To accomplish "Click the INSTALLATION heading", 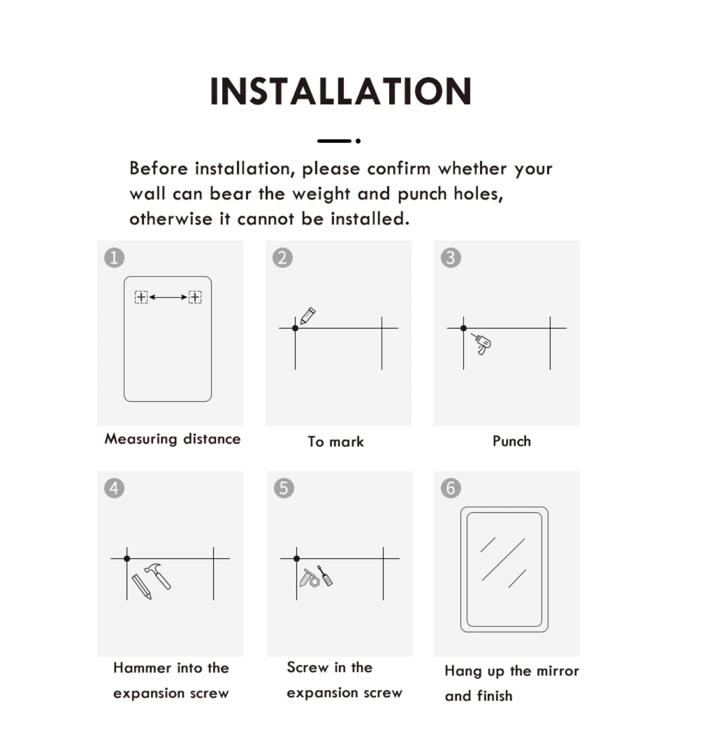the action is pyautogui.click(x=340, y=91).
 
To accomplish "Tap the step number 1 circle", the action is pyautogui.click(x=114, y=258).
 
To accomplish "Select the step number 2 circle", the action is pyautogui.click(x=283, y=258).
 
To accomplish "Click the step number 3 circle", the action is pyautogui.click(x=450, y=258).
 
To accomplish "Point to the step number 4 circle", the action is pyautogui.click(x=114, y=488).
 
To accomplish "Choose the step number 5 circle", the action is pyautogui.click(x=284, y=488).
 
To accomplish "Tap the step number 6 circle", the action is pyautogui.click(x=450, y=488).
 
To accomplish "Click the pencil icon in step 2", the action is pyautogui.click(x=307, y=316).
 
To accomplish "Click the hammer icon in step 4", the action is pyautogui.click(x=158, y=576).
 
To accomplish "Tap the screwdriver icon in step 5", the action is pyautogui.click(x=325, y=576).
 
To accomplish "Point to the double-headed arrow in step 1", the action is pyautogui.click(x=168, y=297).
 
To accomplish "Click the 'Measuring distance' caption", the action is pyautogui.click(x=172, y=439).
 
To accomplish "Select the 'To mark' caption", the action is pyautogui.click(x=336, y=442).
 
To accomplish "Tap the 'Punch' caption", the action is pyautogui.click(x=512, y=442).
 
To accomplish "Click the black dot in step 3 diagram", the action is pyautogui.click(x=464, y=328).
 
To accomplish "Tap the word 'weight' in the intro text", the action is pyautogui.click(x=321, y=194).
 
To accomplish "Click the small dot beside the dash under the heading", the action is pyautogui.click(x=358, y=141).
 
